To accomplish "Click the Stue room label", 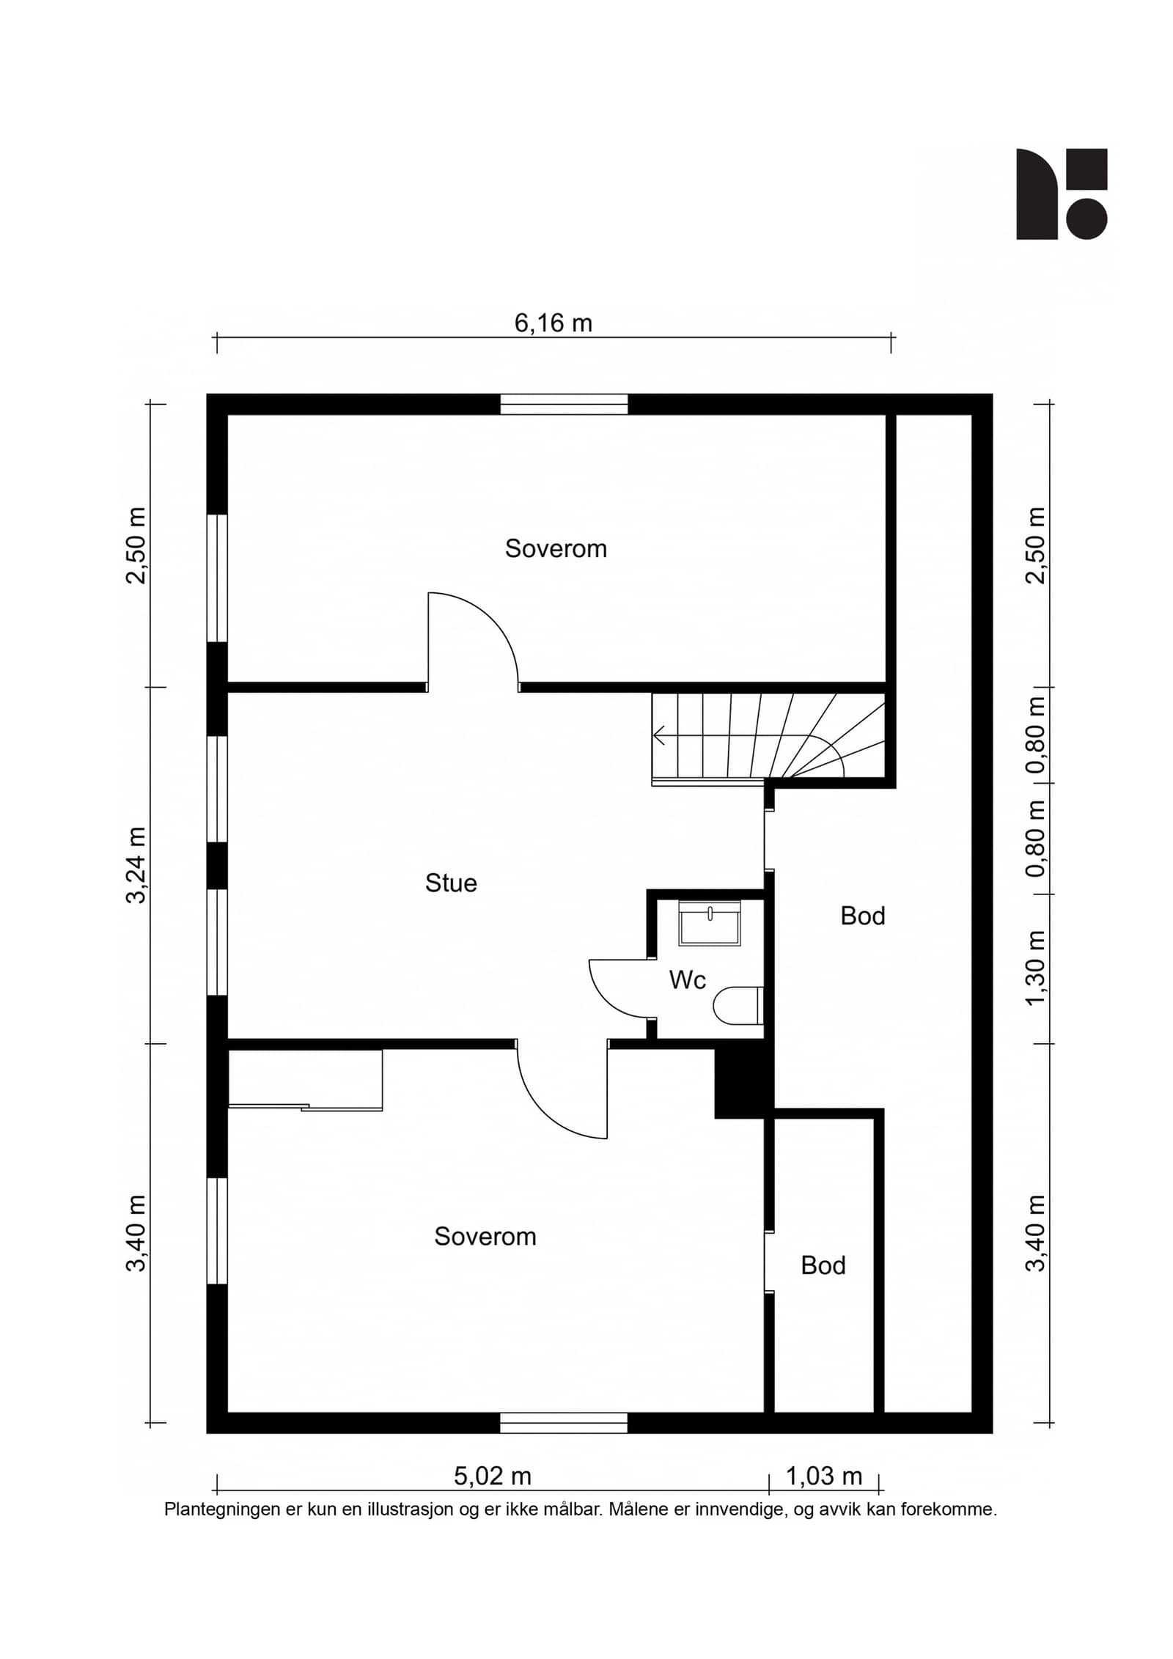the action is click(x=451, y=883).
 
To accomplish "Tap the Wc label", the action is click(x=688, y=980).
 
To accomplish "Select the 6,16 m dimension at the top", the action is click(x=553, y=323).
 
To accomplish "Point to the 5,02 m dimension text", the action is click(x=492, y=1476).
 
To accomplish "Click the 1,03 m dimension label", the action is click(x=824, y=1476).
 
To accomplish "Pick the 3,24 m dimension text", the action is click(x=136, y=865).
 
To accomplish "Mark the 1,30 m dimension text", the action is click(x=1035, y=968).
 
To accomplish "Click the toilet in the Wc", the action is click(x=738, y=1005).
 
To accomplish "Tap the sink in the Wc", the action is click(x=710, y=922).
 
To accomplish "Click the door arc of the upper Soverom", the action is click(x=491, y=619).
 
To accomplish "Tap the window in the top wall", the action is click(x=564, y=404).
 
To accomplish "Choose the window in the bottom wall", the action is click(x=564, y=1422).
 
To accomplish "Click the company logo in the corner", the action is click(x=1061, y=194).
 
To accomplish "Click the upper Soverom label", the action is click(x=556, y=549).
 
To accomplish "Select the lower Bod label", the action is click(x=823, y=1265).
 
